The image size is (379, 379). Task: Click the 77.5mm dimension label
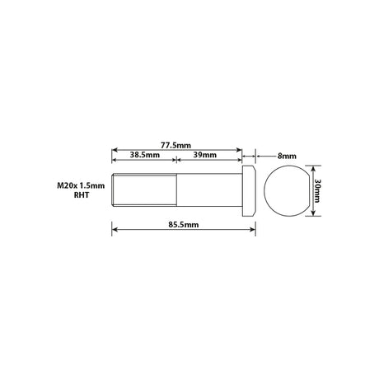[175, 145]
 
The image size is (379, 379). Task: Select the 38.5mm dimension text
[145, 155]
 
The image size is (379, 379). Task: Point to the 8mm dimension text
[287, 157]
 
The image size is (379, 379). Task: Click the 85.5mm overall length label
[184, 225]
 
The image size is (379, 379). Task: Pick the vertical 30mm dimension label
[317, 190]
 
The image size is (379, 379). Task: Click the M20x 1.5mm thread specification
[81, 185]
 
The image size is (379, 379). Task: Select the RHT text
[82, 195]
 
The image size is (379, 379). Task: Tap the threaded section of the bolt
[144, 189]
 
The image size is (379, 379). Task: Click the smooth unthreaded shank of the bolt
[209, 189]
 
